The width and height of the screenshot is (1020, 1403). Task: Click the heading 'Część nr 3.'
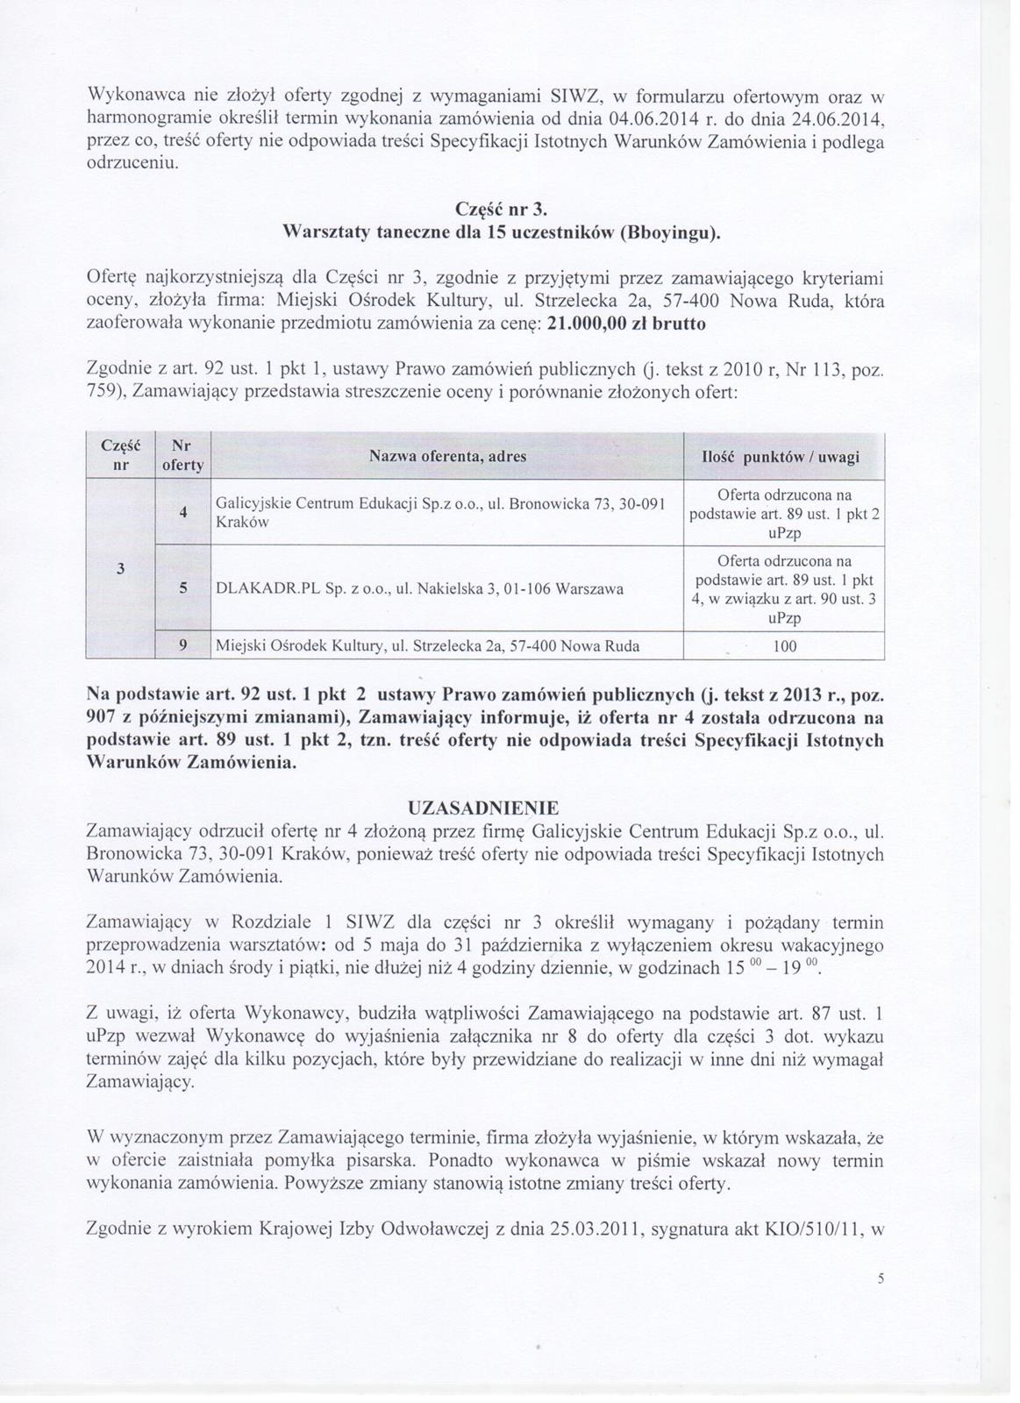503,210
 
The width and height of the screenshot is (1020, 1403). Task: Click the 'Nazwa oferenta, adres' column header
447,456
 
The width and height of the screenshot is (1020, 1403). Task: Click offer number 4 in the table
182,513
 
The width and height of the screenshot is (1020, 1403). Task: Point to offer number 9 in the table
182,647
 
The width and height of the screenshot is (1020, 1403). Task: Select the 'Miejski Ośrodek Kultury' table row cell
427,647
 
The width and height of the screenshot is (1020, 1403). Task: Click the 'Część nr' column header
119,456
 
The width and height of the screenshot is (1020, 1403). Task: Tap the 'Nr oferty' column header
182,456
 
